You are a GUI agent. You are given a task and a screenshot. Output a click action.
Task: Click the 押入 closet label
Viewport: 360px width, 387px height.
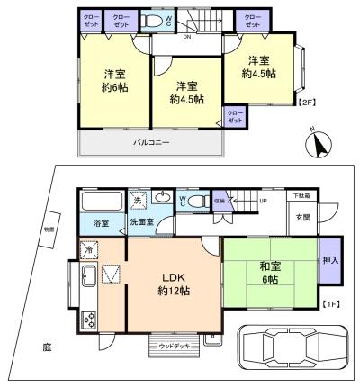pyautogui.click(x=330, y=260)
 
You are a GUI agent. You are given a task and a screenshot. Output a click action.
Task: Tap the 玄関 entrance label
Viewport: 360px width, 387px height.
pyautogui.click(x=301, y=217)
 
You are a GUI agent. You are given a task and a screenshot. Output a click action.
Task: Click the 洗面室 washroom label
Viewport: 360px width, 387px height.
pyautogui.click(x=141, y=222)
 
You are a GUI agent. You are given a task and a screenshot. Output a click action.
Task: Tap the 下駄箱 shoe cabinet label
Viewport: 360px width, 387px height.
pyautogui.click(x=301, y=194)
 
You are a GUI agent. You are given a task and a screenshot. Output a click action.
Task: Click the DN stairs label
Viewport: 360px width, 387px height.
pyautogui.click(x=186, y=38)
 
